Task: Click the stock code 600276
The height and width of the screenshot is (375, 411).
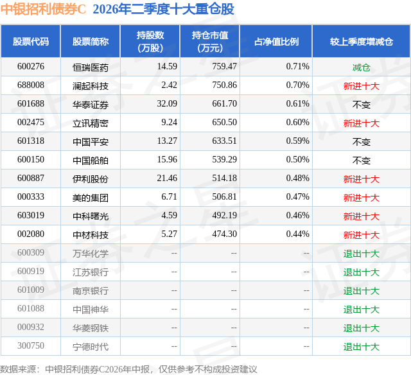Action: click(x=31, y=67)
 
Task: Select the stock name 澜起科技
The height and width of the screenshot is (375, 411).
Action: click(x=91, y=86)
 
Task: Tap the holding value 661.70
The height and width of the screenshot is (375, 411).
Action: click(x=224, y=104)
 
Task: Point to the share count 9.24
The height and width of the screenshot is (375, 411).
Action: click(x=169, y=123)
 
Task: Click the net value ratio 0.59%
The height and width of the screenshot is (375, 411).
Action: click(x=297, y=141)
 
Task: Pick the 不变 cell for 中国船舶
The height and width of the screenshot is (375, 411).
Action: click(x=361, y=161)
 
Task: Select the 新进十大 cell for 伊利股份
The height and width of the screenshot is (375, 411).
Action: click(x=361, y=179)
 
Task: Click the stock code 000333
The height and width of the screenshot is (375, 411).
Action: click(x=31, y=196)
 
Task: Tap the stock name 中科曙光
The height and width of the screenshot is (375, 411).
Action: click(x=91, y=216)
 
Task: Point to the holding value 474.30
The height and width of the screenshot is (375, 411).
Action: click(x=224, y=234)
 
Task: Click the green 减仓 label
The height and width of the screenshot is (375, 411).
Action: click(x=361, y=67)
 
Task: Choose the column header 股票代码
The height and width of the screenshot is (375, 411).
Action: click(x=31, y=42)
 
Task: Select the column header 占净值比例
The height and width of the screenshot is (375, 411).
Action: click(x=276, y=42)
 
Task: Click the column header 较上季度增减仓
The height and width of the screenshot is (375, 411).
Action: click(x=361, y=42)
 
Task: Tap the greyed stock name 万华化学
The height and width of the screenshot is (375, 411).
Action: click(x=91, y=254)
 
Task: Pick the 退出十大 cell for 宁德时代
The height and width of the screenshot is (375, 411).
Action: click(x=361, y=347)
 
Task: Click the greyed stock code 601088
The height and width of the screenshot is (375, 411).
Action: click(x=31, y=308)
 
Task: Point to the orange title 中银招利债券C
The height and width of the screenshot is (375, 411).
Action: click(x=43, y=9)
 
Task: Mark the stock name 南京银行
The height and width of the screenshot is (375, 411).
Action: click(x=91, y=291)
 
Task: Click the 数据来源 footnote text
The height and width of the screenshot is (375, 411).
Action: click(x=128, y=369)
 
